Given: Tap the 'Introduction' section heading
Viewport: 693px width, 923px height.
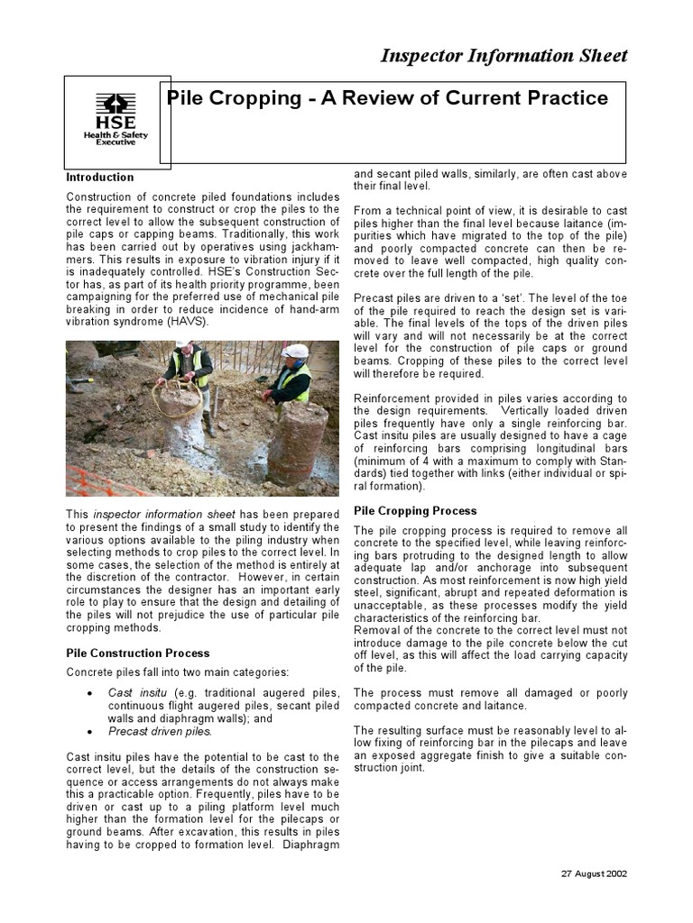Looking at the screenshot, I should [x=100, y=178].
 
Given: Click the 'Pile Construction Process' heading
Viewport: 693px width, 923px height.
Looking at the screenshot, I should [x=138, y=653].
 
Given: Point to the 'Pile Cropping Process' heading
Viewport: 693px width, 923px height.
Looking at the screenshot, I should [x=415, y=511].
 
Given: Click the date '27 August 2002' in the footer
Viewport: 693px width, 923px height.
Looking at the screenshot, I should [x=594, y=873].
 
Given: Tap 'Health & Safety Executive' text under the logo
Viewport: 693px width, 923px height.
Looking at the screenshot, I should [x=115, y=137].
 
